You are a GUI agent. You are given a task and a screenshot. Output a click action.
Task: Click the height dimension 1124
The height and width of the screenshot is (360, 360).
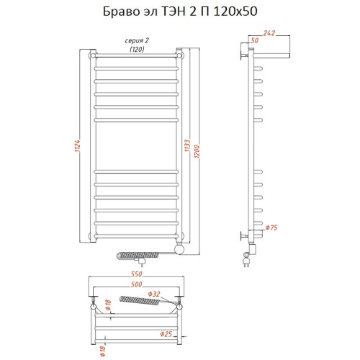76,146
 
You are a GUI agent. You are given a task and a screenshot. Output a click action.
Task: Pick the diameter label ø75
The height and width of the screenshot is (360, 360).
271,228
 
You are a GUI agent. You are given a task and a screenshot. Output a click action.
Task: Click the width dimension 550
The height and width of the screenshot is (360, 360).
135,274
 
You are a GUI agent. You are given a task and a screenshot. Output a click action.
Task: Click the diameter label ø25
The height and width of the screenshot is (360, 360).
166,333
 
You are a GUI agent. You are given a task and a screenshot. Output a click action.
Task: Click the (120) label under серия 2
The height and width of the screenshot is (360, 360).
135,49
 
